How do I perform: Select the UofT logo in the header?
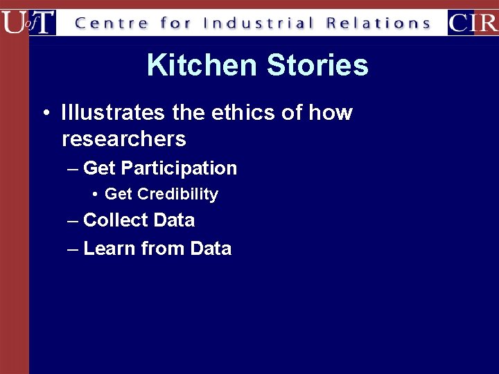point(28,22)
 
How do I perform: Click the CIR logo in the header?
point(473,22)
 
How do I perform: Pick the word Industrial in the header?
point(259,23)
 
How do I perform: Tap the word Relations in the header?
point(378,23)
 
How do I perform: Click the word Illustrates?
point(113,112)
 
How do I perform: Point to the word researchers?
point(124,139)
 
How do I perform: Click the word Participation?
point(179,168)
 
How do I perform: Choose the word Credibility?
point(178,195)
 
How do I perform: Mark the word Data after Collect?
point(174,220)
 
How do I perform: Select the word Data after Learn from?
point(211,248)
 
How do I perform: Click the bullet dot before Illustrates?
point(44,113)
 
